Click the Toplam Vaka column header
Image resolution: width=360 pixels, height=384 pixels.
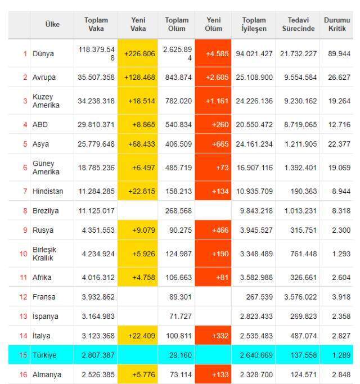[x=96, y=24]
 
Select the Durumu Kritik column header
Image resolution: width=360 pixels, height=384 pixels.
[x=337, y=24]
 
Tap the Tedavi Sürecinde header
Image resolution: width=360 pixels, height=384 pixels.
[x=298, y=24]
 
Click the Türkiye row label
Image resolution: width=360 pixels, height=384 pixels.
[x=44, y=355]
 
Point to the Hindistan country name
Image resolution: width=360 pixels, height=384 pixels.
[x=48, y=191]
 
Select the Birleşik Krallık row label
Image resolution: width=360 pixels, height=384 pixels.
[x=44, y=254]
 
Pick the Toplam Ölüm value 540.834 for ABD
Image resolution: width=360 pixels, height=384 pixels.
[x=178, y=124]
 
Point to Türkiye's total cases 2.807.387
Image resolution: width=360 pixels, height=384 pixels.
[x=98, y=355]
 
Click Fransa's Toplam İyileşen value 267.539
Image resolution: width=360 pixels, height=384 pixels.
[x=259, y=297]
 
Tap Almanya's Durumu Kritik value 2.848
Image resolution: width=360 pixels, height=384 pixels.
[x=341, y=374]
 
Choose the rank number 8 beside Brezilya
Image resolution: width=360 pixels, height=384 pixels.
[x=25, y=211]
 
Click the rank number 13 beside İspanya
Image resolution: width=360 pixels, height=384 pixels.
[x=23, y=316]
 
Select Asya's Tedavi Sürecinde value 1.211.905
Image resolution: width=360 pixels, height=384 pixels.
[x=301, y=144]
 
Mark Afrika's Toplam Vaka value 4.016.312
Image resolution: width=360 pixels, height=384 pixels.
[x=98, y=278]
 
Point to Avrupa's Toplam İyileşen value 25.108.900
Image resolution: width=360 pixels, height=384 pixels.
[x=254, y=78]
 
